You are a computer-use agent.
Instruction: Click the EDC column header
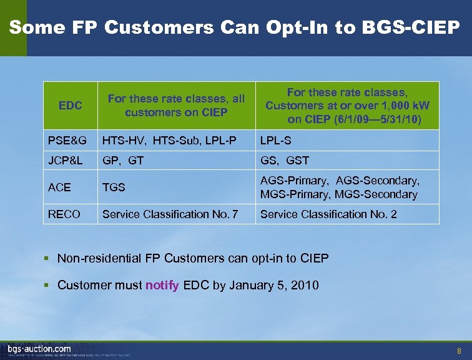click(70, 106)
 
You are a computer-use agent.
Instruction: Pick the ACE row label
click(59, 187)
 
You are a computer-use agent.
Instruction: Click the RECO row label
click(64, 214)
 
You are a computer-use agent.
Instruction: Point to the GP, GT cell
click(123, 161)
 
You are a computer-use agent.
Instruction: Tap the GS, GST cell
click(285, 161)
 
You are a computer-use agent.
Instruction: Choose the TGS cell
click(114, 187)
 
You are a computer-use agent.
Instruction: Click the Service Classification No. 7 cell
click(170, 214)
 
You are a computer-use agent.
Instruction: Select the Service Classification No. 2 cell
click(328, 214)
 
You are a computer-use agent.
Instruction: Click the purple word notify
click(162, 286)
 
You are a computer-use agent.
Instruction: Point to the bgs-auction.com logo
click(39, 349)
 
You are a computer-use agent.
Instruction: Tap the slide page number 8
click(460, 351)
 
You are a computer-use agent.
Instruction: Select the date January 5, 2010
click(274, 286)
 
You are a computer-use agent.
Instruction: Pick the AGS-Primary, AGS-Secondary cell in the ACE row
click(340, 181)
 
